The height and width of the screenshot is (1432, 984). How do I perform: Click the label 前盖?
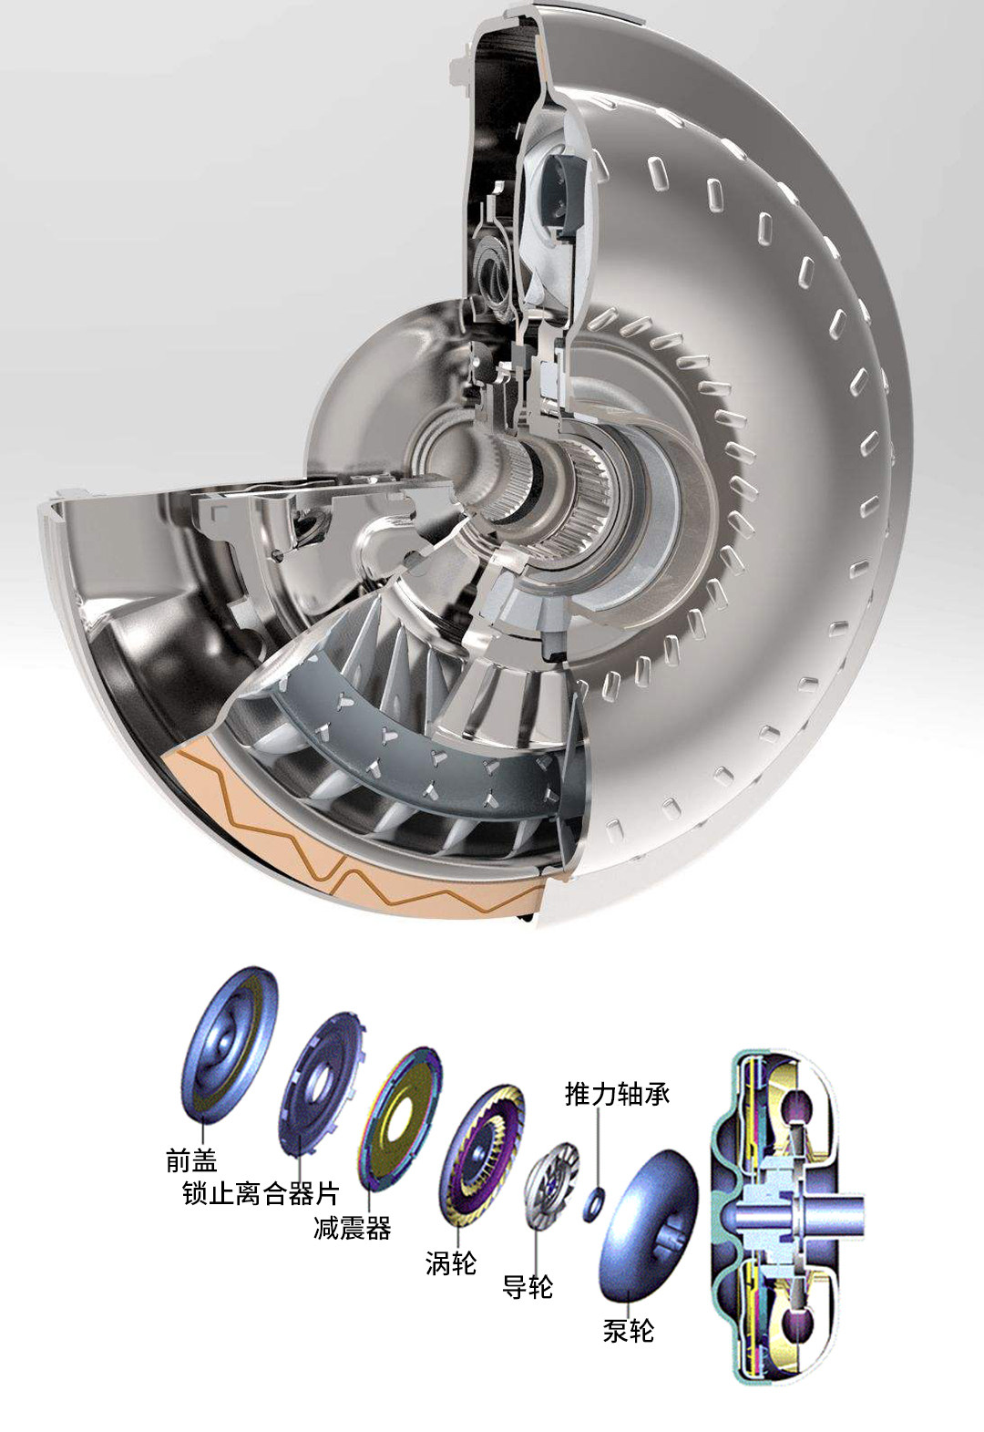pyautogui.click(x=191, y=1160)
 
